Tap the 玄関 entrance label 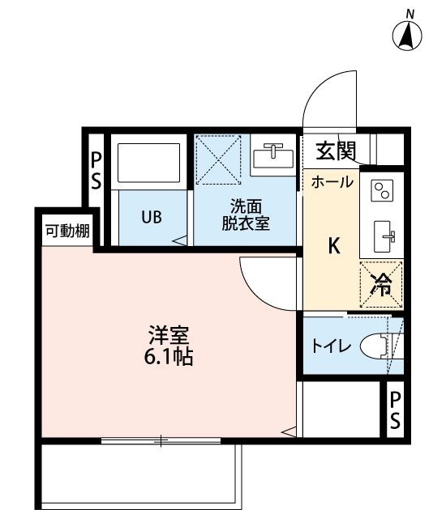click(336, 151)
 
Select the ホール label click(332, 182)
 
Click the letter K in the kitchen click(334, 245)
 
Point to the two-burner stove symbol click(382, 190)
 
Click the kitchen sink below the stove click(384, 236)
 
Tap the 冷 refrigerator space click(381, 284)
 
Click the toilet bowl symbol click(378, 346)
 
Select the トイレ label click(331, 346)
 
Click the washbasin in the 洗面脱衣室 click(273, 155)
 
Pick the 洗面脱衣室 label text click(246, 214)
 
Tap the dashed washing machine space click(218, 159)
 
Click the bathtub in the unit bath click(149, 163)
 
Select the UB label click(152, 218)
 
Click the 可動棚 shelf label click(67, 231)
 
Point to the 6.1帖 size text click(169, 357)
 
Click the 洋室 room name click(169, 335)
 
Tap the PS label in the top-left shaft click(96, 171)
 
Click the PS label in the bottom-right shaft click(395, 410)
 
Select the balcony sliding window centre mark click(161, 440)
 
